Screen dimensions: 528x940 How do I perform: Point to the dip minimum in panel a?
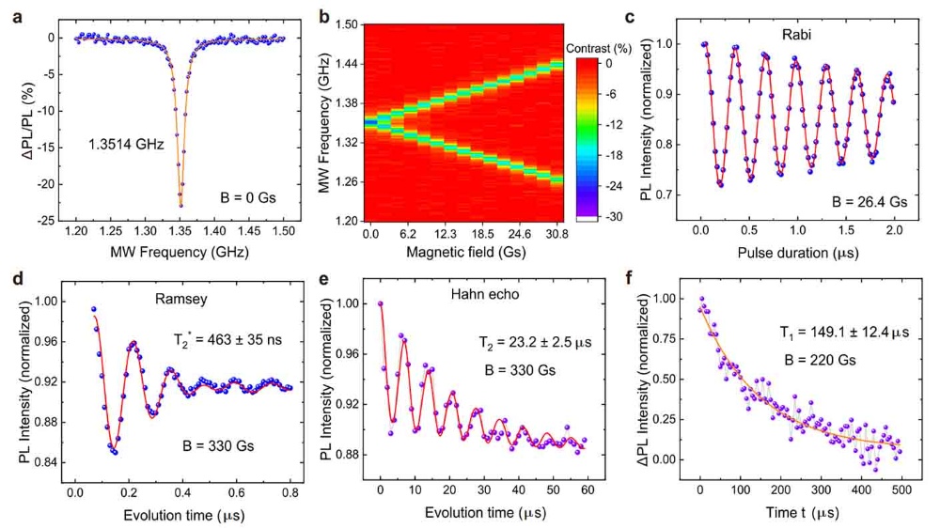180,205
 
